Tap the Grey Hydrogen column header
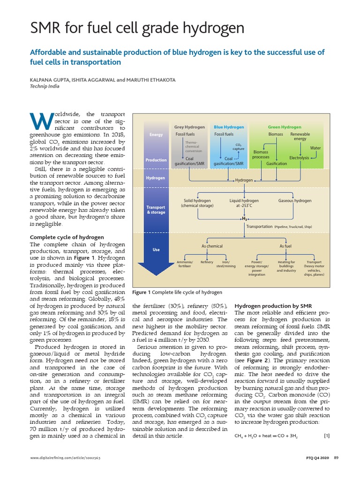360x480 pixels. pos(189,127)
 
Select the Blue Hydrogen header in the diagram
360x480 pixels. pos(229,127)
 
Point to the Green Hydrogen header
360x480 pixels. pos(285,127)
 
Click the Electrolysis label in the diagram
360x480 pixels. pos(299,158)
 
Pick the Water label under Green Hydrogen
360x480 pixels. pos(315,148)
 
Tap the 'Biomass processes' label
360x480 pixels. pos(261,154)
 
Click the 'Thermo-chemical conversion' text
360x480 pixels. pos(194,147)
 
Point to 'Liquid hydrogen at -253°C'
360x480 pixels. pos(244,203)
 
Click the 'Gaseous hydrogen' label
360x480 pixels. pos(295,201)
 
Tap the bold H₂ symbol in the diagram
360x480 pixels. pos(244,218)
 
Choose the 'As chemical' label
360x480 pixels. pos(212,246)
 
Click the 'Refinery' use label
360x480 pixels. pos(207,262)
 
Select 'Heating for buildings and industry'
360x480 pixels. pos(286,266)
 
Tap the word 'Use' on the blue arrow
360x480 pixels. pos(157,250)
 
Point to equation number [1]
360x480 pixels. pos(327,435)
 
